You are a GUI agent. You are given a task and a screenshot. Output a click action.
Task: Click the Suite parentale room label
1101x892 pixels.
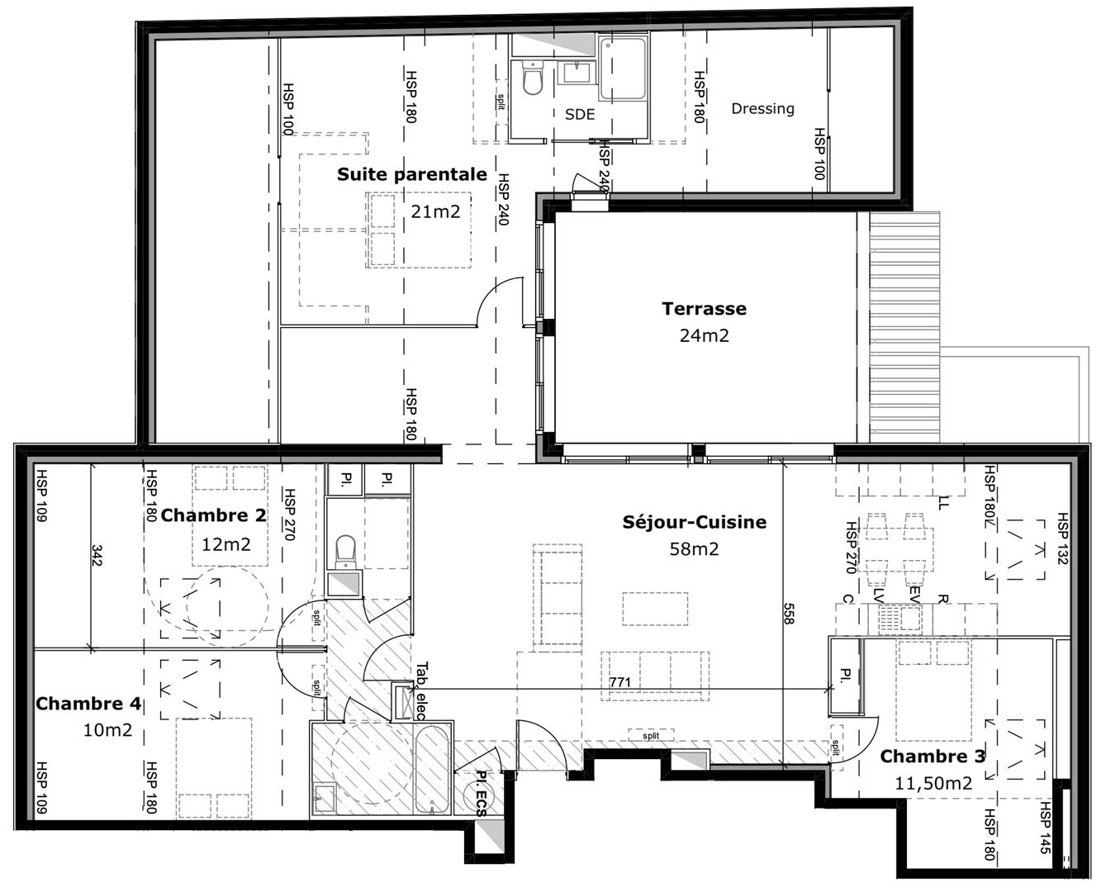point(412,174)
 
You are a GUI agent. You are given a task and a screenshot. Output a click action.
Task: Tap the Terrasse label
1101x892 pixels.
point(704,309)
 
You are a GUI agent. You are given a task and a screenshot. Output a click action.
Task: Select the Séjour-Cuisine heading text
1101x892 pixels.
point(694,522)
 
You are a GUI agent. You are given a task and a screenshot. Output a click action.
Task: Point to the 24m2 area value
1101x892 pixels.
point(704,336)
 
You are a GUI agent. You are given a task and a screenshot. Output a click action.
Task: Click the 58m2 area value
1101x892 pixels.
point(694,549)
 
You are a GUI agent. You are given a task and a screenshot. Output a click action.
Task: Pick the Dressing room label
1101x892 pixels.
point(762,108)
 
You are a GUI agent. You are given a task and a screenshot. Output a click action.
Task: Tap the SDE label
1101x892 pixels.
point(580,114)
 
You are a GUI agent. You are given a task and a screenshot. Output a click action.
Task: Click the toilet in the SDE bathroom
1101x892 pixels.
point(532,78)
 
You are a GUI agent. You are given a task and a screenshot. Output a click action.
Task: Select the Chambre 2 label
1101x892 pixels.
point(213,515)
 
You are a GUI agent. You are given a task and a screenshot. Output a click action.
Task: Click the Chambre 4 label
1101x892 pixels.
point(88,704)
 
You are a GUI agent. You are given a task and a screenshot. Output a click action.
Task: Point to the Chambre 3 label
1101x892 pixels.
point(933,757)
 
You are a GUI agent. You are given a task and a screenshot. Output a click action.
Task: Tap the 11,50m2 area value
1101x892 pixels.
point(933,784)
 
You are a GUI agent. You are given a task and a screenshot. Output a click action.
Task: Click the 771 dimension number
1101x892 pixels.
point(620,683)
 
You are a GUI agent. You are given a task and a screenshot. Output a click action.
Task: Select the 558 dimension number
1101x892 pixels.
point(788,614)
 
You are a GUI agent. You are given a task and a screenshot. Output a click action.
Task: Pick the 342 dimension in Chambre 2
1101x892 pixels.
point(97,554)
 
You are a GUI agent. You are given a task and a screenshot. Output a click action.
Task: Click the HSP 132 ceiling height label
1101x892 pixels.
point(1062,539)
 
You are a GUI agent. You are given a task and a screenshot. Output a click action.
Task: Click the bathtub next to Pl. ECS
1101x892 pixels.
point(432,770)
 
